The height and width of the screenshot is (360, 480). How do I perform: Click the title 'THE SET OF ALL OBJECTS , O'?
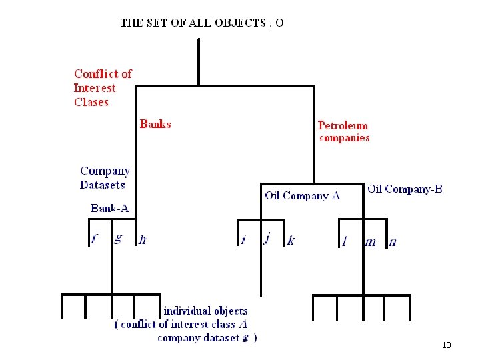tap(202, 23)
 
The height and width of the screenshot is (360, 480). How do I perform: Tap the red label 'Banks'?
tap(155, 124)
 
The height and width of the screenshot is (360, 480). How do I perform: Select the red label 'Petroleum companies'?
tap(343, 131)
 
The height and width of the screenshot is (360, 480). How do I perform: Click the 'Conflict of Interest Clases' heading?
tap(103, 87)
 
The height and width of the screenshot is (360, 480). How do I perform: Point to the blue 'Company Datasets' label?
tap(105, 178)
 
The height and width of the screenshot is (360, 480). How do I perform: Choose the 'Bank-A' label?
tap(110, 208)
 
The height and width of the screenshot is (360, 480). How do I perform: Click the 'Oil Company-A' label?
tap(302, 195)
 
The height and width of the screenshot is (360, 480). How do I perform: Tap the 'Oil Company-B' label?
tap(405, 189)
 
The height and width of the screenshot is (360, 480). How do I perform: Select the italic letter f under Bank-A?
tap(95, 239)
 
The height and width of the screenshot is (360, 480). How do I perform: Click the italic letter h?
tap(143, 240)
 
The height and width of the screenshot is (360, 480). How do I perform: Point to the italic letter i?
tap(243, 239)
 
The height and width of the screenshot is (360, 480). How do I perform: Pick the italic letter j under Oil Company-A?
tap(267, 238)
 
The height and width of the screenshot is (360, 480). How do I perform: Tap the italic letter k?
tap(291, 240)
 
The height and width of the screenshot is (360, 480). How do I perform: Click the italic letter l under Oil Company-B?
tap(345, 241)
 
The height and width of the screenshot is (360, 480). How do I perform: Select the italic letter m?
tap(370, 242)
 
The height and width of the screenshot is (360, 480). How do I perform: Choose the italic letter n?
tap(392, 242)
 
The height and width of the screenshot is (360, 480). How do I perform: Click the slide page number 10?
tap(447, 345)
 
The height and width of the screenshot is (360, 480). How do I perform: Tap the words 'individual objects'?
tap(205, 311)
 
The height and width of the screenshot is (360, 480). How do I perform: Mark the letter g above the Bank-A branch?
tap(118, 237)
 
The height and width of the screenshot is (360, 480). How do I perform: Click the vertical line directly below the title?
tap(199, 61)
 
